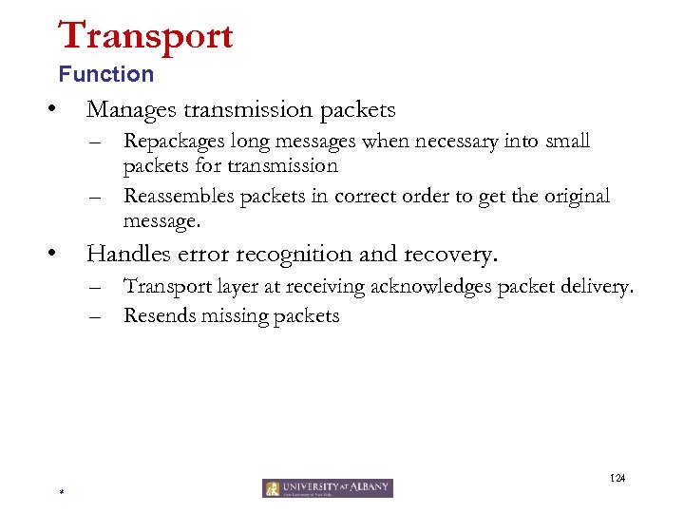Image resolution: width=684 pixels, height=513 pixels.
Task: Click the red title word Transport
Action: pos(145,35)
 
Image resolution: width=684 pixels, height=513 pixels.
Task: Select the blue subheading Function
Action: pos(105,74)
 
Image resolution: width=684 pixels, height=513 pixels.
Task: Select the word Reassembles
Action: pos(180,197)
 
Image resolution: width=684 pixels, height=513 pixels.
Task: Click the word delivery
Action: pos(598,286)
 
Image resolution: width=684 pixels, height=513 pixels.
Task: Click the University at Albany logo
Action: pos(328,487)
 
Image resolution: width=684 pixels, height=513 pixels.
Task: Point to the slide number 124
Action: pos(617,477)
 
